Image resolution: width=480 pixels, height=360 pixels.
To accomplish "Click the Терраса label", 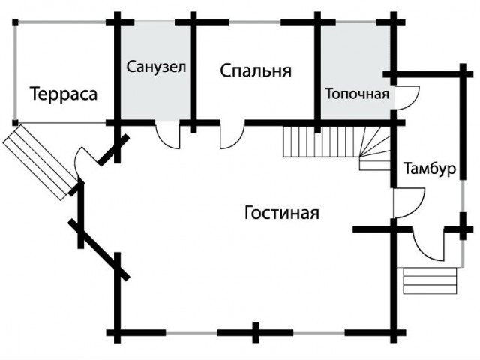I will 64,94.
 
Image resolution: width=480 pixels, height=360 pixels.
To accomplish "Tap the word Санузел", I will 156,67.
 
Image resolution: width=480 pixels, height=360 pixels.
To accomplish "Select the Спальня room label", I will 256,71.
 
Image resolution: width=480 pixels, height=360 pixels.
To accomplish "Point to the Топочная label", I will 357,94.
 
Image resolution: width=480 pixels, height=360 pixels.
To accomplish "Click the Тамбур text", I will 429,169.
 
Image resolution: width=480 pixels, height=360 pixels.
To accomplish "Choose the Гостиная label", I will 282,213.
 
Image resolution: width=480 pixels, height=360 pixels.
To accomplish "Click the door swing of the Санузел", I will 169,134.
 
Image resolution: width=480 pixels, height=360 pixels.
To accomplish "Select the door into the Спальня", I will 232,135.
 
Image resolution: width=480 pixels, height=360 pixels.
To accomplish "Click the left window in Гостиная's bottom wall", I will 191,331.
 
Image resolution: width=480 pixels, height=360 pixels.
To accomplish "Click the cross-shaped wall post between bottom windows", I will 256,331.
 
